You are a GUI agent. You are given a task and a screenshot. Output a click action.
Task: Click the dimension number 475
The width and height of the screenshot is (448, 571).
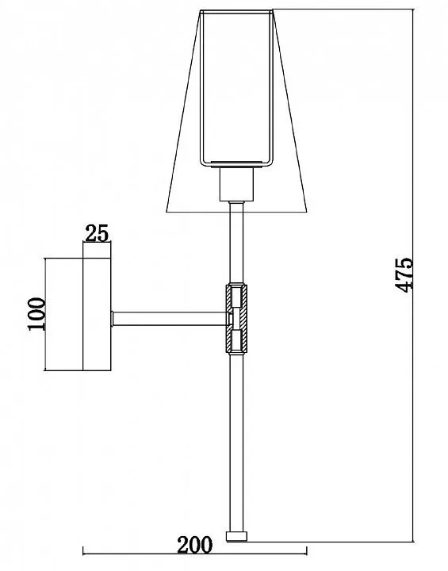click(x=404, y=275)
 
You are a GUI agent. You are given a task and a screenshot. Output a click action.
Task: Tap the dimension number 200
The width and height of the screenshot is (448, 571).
click(x=194, y=545)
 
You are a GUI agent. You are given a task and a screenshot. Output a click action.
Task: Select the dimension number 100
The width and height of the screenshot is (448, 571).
click(x=36, y=314)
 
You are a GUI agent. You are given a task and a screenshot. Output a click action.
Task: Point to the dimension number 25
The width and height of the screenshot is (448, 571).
click(x=97, y=233)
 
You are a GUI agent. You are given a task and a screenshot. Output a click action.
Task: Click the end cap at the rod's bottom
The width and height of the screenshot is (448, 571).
click(x=236, y=536)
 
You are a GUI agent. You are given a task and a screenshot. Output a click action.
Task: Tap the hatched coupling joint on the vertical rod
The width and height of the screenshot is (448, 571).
click(x=236, y=319)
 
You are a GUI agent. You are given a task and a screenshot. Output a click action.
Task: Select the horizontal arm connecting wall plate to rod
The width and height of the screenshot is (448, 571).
click(x=170, y=319)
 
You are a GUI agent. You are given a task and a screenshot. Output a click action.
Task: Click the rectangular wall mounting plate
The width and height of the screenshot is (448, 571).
click(x=97, y=314)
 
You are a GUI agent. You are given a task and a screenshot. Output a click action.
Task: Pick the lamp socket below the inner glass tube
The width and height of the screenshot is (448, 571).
click(x=236, y=184)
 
